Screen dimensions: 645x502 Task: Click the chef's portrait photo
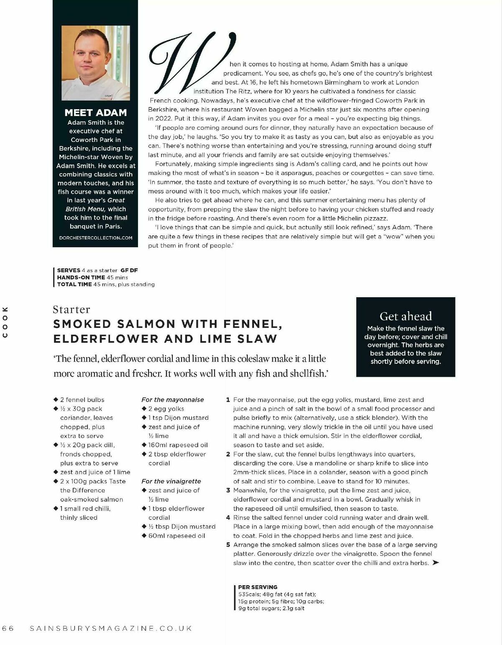click(95, 63)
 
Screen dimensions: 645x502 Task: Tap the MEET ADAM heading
click(95, 113)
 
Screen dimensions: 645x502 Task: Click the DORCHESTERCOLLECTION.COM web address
click(96, 238)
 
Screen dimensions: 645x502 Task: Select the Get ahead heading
click(405, 316)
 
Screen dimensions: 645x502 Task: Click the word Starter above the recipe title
click(72, 309)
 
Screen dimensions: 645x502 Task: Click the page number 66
click(8, 628)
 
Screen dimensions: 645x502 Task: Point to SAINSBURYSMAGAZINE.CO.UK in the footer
click(111, 628)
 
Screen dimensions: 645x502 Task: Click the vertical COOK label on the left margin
click(5, 322)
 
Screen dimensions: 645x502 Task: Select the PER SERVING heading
click(258, 587)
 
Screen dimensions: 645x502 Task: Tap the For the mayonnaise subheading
click(172, 400)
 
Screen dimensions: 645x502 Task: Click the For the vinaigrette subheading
click(171, 481)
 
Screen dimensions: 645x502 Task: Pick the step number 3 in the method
click(228, 490)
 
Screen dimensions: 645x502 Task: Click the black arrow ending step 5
click(435, 563)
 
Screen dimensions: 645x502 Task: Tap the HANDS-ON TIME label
click(81, 277)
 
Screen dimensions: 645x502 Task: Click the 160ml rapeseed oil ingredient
click(178, 445)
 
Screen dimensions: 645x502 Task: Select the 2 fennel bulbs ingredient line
click(82, 400)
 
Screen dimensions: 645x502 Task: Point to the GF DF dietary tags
click(129, 270)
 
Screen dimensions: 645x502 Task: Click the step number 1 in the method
click(228, 400)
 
